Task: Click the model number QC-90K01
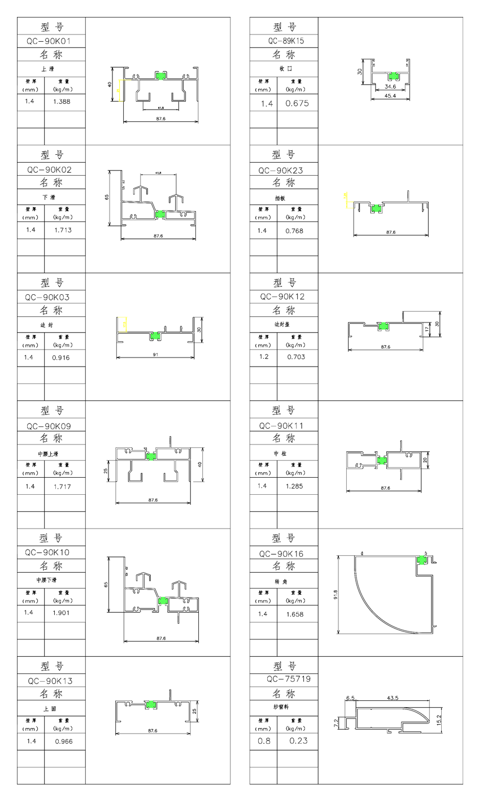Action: point(51,41)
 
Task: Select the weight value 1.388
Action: point(62,102)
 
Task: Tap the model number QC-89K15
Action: point(285,41)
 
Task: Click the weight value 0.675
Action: point(297,103)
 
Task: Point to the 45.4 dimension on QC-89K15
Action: point(390,95)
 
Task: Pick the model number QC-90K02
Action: point(51,169)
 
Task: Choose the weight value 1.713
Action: point(62,230)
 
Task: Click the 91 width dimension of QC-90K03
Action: point(156,354)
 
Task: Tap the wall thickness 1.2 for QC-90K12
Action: point(262,357)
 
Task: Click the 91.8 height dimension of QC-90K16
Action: point(336,594)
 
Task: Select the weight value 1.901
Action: point(61,613)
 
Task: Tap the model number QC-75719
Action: point(285,679)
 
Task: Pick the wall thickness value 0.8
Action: point(264,741)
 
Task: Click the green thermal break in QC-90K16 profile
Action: point(421,559)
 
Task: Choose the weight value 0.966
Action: point(63,741)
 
